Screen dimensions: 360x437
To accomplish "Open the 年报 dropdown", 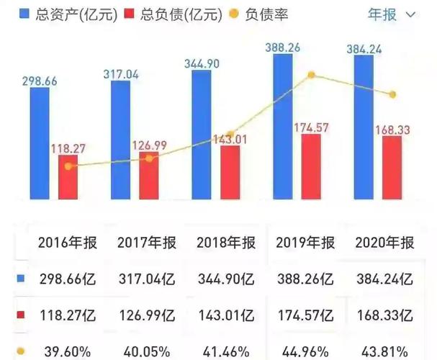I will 392,14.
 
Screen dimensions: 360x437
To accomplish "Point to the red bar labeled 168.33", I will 392,168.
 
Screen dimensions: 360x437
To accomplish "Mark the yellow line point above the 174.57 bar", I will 311,75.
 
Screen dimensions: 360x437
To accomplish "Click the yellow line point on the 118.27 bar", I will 68,166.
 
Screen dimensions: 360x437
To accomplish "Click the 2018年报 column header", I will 225,242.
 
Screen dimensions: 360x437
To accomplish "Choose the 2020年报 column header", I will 384,242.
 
